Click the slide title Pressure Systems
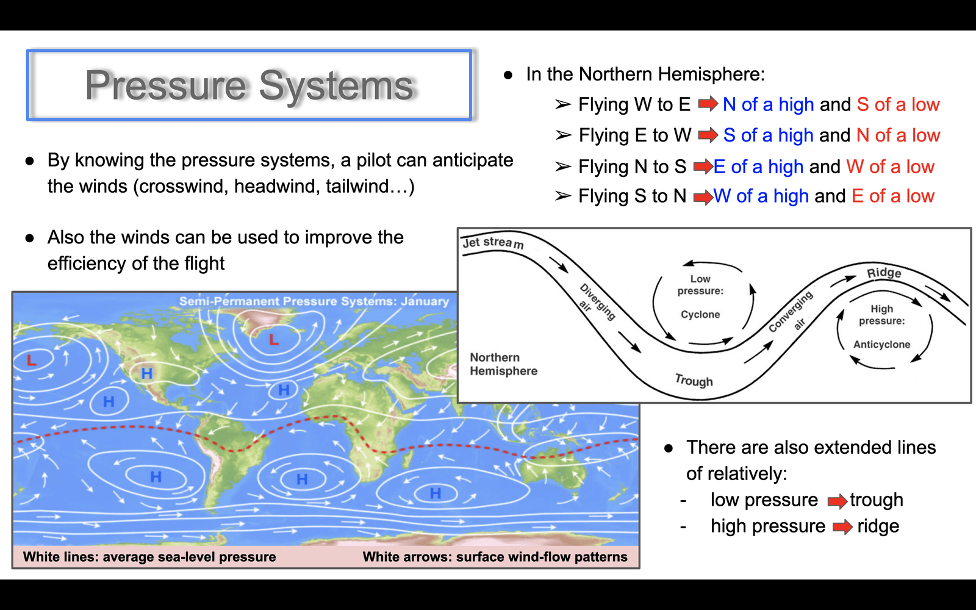click(249, 85)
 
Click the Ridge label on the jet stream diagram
click(884, 273)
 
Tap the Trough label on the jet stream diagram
click(694, 381)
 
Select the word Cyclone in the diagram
click(700, 314)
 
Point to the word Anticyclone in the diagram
click(881, 344)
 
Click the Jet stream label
click(493, 242)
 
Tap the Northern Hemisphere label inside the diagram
click(503, 364)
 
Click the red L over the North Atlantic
click(274, 339)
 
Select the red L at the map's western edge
click(31, 360)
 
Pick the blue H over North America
click(147, 373)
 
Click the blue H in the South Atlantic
click(302, 479)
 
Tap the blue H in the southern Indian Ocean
click(436, 493)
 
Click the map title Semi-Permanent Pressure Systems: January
click(314, 301)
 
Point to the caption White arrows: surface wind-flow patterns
click(495, 557)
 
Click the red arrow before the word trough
click(837, 501)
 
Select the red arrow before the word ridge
click(842, 527)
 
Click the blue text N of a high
click(768, 104)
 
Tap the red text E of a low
click(893, 196)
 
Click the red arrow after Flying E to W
click(708, 135)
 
